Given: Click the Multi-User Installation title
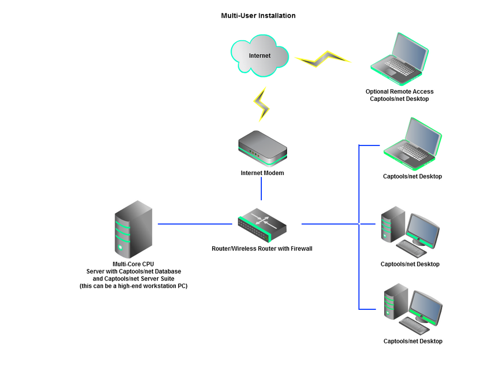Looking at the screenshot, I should [258, 16].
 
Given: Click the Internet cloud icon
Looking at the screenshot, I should [260, 55].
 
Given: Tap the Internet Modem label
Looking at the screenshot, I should [262, 173].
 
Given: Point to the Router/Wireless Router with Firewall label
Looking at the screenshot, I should [262, 249].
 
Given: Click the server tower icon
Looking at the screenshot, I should [133, 229].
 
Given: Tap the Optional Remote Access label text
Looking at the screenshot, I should [399, 91].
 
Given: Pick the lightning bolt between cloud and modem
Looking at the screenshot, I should [261, 104].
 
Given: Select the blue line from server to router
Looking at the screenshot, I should [195, 224].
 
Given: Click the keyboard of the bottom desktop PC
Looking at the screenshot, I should [414, 325].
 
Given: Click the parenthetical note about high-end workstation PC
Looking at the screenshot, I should [133, 286].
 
